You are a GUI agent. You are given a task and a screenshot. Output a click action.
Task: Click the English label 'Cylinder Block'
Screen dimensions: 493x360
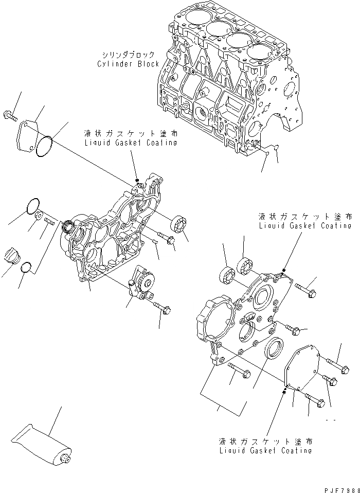(128, 64)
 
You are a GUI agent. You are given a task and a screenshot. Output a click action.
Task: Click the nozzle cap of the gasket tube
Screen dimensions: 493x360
(65, 459)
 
